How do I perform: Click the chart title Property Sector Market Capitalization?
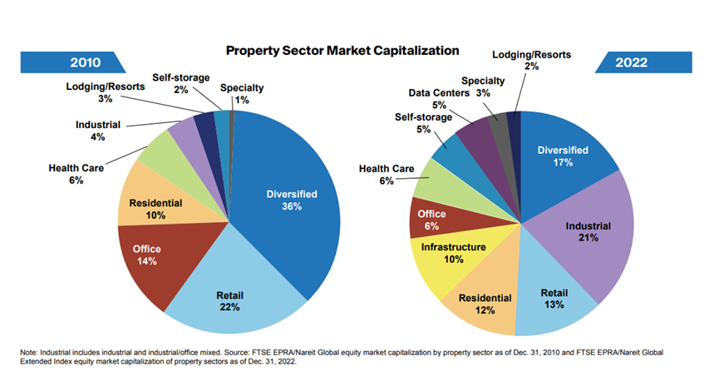click(342, 51)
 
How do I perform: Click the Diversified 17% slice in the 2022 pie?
click(563, 156)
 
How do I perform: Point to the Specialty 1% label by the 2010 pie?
click(243, 94)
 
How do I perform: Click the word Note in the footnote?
click(29, 352)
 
